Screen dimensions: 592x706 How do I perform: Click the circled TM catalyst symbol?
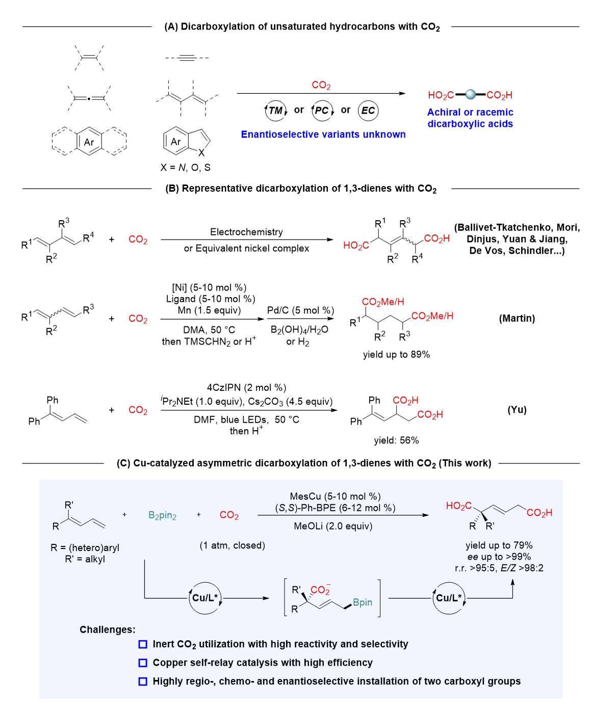[x=276, y=111]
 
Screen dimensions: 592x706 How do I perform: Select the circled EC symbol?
[x=368, y=111]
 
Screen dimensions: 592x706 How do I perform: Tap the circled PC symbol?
[x=322, y=111]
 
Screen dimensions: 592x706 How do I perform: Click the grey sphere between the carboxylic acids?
[x=470, y=95]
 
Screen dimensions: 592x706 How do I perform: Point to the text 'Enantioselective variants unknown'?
[x=323, y=134]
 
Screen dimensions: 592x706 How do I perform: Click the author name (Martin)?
[x=517, y=318]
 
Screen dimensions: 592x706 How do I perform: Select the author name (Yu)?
[x=517, y=410]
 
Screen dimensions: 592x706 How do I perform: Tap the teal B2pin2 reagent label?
[x=162, y=515]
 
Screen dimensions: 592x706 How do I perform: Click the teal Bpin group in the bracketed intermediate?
[x=363, y=602]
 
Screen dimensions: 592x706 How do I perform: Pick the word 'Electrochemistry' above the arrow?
[x=246, y=231]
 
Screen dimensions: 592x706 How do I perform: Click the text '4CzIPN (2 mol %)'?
[x=246, y=387]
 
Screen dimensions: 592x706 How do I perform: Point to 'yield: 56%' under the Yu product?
[x=396, y=440]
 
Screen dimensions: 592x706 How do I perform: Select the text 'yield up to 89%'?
[x=396, y=354]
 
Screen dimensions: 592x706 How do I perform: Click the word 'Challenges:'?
[x=107, y=629]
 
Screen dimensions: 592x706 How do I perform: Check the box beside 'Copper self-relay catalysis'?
[x=143, y=663]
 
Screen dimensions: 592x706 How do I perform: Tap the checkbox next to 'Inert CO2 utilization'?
[x=143, y=644]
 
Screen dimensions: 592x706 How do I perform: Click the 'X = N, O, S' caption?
[x=186, y=167]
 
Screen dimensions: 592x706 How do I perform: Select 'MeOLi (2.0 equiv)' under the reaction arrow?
[x=333, y=526]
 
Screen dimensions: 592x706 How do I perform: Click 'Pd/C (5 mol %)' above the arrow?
[x=300, y=310]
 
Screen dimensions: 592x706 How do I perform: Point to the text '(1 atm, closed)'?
[x=232, y=545]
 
